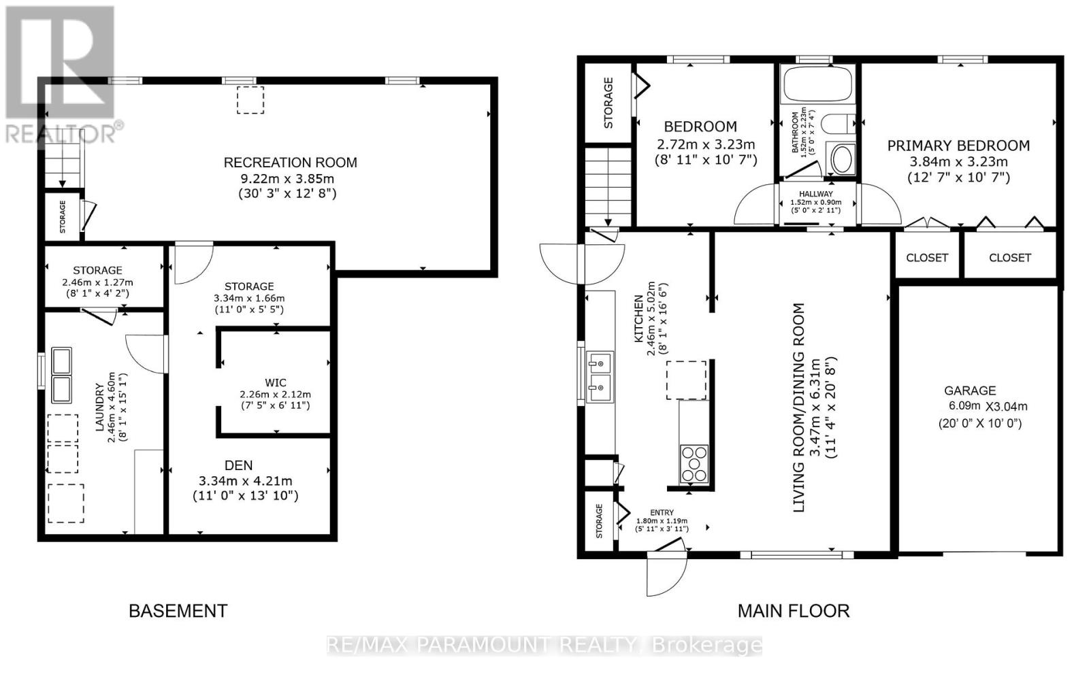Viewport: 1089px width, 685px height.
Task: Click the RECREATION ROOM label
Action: [291, 163]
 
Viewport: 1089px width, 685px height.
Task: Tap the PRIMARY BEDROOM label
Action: [958, 146]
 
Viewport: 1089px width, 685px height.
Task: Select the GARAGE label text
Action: [970, 390]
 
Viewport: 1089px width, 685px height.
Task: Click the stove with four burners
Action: [694, 463]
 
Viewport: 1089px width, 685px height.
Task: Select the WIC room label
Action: [276, 383]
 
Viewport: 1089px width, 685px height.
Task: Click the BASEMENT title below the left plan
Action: [178, 611]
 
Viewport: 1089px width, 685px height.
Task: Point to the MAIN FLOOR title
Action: [794, 611]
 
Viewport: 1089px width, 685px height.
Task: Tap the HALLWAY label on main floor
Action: [815, 194]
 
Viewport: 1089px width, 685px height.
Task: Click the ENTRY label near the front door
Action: [662, 513]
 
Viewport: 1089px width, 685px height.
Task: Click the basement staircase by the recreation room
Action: [63, 169]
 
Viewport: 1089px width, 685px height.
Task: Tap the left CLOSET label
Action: [927, 258]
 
